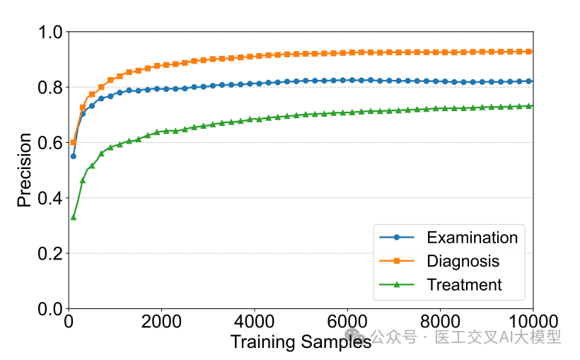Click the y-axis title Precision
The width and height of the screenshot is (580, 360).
pos(24,170)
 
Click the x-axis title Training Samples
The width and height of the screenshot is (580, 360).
pos(301,342)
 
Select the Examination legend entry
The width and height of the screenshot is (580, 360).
pos(472,237)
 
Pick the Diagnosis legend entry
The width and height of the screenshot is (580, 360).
pos(463,261)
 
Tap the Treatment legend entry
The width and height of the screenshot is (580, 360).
pos(464,285)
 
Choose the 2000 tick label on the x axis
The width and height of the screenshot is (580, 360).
pos(161,323)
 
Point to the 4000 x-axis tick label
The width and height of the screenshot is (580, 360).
pos(255,323)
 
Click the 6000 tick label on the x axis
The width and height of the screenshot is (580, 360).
pos(347,323)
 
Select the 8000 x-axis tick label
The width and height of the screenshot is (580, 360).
pos(440,323)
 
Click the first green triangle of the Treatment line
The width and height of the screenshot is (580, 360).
pos(73,217)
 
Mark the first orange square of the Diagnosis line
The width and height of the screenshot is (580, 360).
pos(73,142)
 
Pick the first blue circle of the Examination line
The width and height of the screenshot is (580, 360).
pos(73,156)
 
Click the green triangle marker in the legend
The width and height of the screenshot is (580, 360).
pos(397,285)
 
